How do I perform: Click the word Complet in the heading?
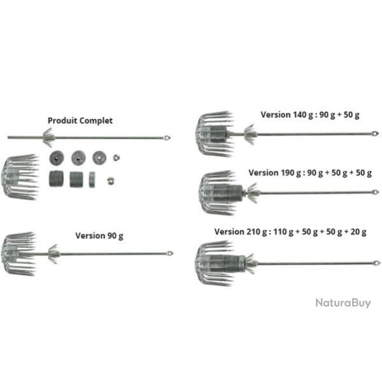(96, 121)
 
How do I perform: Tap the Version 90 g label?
(99, 236)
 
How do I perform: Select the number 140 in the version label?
(300, 115)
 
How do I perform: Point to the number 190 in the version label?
(288, 173)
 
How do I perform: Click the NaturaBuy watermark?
(343, 303)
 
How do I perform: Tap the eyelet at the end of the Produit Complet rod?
(167, 138)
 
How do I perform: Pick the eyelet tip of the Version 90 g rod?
(170, 253)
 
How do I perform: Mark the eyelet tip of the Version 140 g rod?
(375, 134)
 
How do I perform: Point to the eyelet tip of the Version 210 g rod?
(376, 263)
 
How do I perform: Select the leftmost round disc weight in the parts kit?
(57, 158)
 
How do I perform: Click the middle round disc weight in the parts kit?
(78, 158)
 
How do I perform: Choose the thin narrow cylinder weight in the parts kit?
(92, 180)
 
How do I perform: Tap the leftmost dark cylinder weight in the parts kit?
(56, 179)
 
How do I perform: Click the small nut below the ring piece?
(111, 181)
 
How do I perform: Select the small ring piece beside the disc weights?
(117, 158)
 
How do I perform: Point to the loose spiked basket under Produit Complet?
(20, 177)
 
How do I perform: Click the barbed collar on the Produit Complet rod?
(48, 138)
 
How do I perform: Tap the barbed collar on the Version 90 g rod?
(53, 254)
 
